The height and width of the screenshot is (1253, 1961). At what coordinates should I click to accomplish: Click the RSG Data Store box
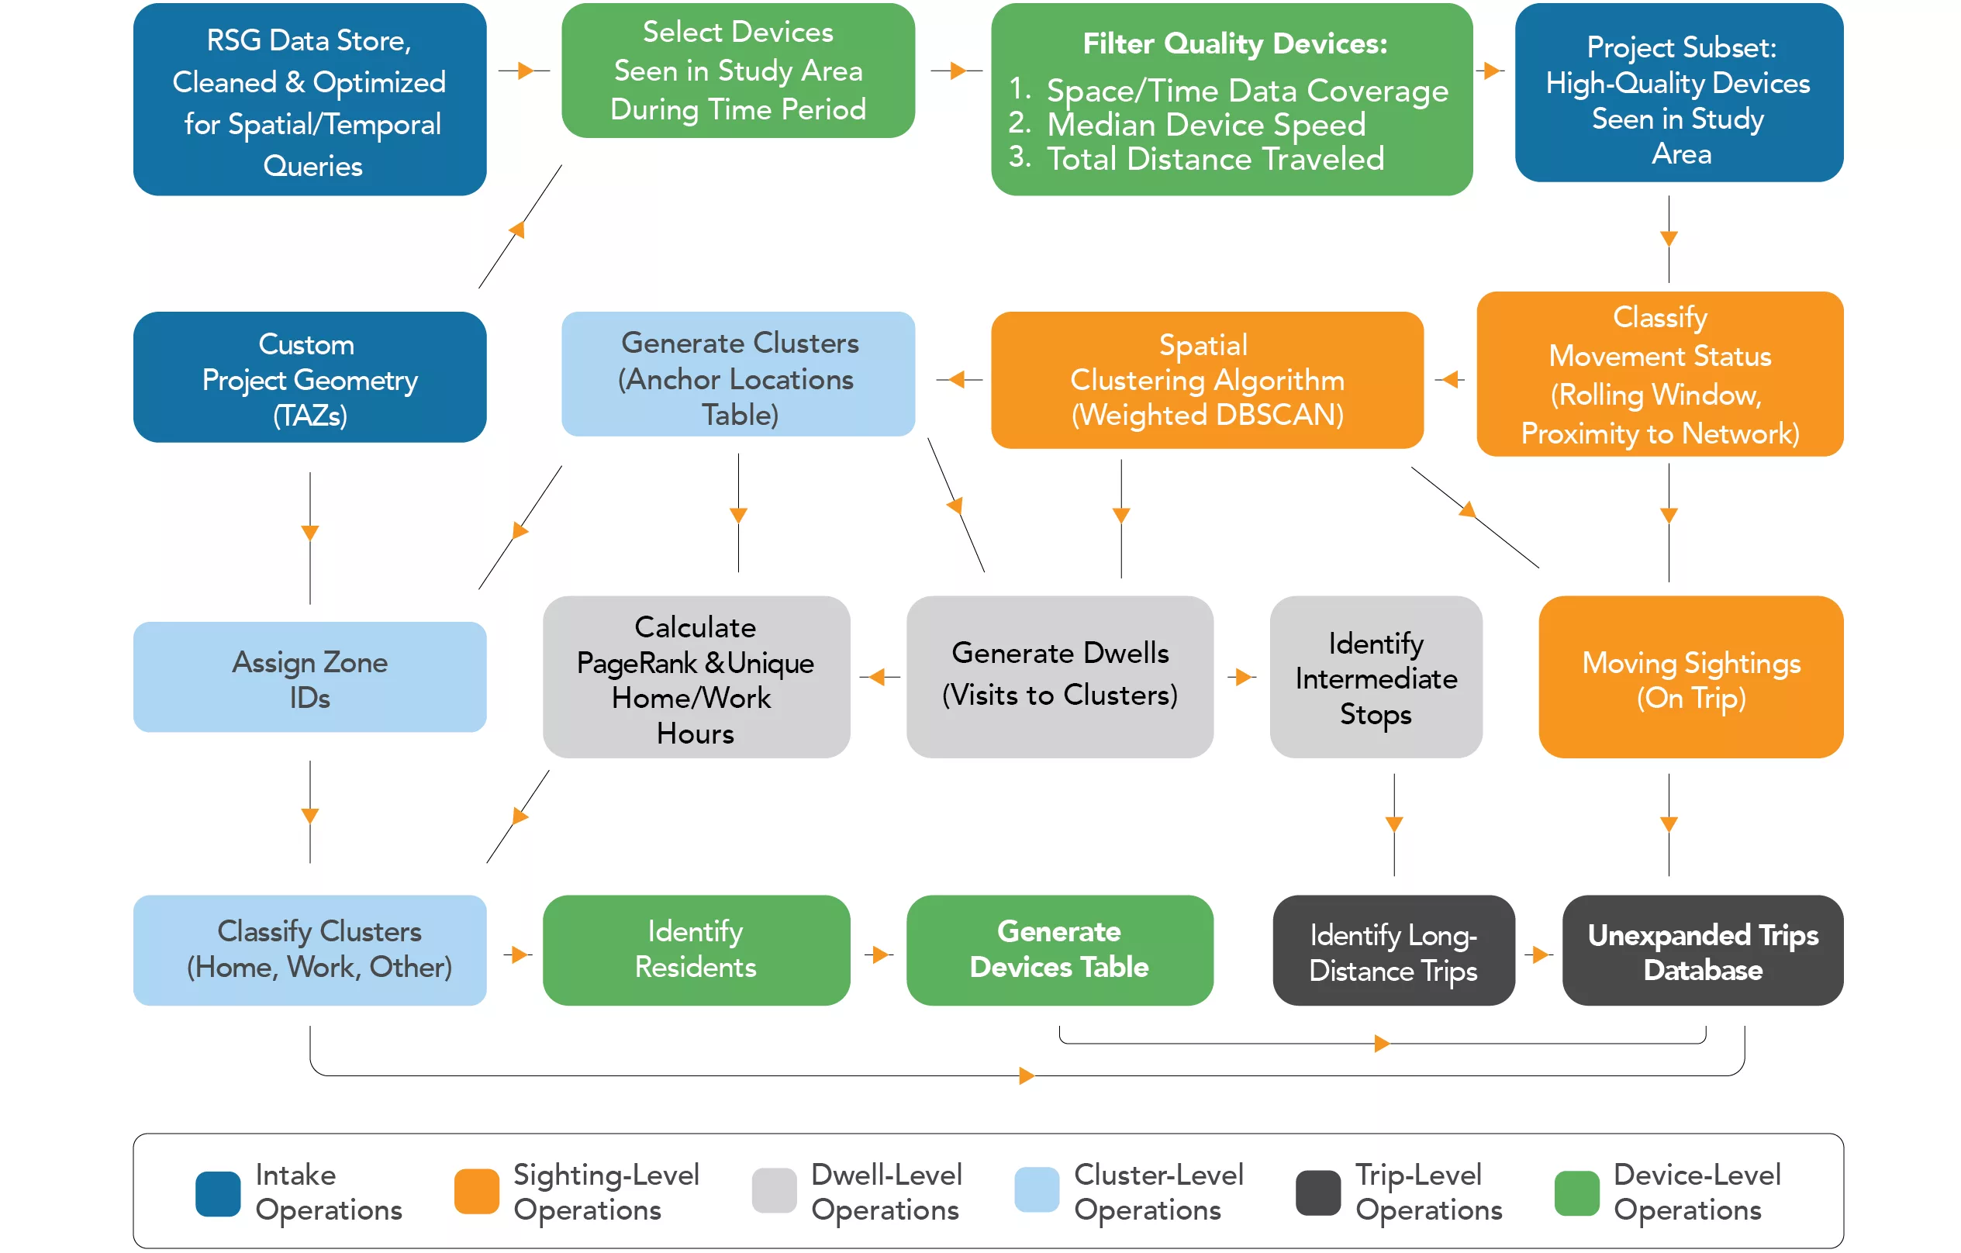309,99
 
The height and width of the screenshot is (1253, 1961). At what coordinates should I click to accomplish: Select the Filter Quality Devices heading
1234,43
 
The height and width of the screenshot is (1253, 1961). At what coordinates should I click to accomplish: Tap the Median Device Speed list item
1205,125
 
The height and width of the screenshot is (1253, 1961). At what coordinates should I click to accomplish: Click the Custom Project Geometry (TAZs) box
309,378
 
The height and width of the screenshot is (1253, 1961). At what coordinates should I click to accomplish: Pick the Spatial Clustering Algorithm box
1207,379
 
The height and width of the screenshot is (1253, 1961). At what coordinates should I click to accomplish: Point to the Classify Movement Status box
1659,375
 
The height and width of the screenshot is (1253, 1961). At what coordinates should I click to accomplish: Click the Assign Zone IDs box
309,678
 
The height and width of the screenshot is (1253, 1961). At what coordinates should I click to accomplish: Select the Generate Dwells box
1059,677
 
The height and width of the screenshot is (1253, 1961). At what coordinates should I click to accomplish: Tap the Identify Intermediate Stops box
1376,678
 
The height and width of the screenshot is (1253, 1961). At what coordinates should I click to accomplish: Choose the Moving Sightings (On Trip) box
1690,678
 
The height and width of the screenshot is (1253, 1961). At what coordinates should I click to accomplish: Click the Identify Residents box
696,949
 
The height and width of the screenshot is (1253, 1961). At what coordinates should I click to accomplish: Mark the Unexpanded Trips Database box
1702,951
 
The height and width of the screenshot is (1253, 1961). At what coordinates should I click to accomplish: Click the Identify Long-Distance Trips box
1393,951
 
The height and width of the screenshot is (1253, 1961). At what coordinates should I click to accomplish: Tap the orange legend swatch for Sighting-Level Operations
476,1192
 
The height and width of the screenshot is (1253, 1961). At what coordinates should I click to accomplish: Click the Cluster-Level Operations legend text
1158,1192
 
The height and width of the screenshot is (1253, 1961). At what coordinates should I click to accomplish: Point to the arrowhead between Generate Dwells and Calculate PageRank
877,677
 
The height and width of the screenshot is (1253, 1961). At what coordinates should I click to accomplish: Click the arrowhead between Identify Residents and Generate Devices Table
879,954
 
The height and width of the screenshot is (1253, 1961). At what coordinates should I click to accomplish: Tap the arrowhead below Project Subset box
1669,239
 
